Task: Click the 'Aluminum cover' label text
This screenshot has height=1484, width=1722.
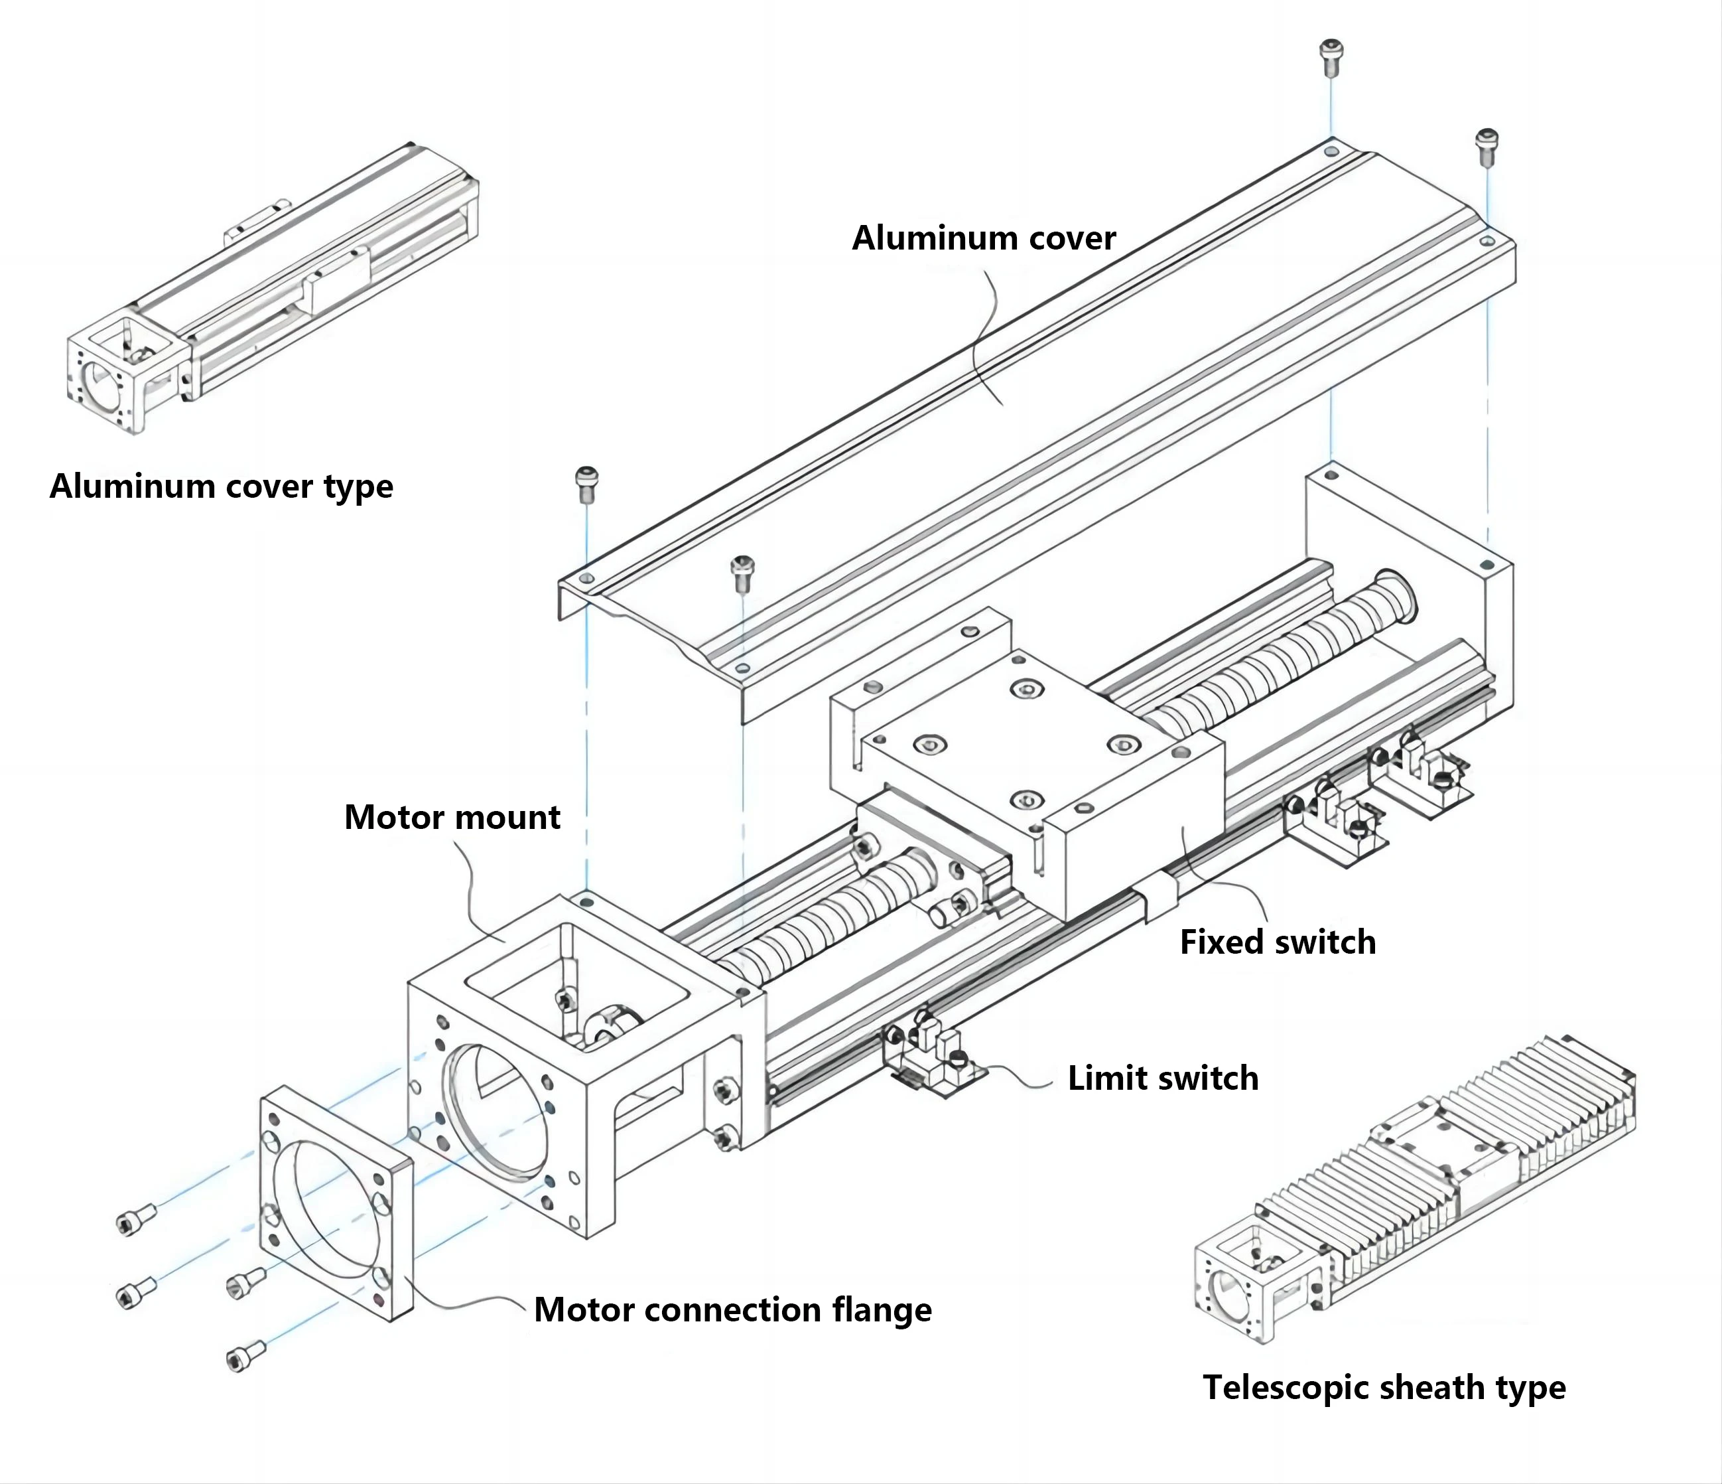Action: point(983,239)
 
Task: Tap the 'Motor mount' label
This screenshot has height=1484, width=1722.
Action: point(452,817)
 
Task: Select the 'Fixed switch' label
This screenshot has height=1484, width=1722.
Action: point(1278,942)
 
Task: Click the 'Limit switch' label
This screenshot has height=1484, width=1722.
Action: point(1163,1078)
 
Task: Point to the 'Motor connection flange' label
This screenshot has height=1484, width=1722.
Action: point(732,1309)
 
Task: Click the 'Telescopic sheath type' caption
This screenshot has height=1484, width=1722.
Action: point(1384,1388)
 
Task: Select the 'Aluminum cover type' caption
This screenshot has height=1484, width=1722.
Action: point(221,486)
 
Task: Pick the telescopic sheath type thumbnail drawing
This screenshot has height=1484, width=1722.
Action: point(1413,1189)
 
